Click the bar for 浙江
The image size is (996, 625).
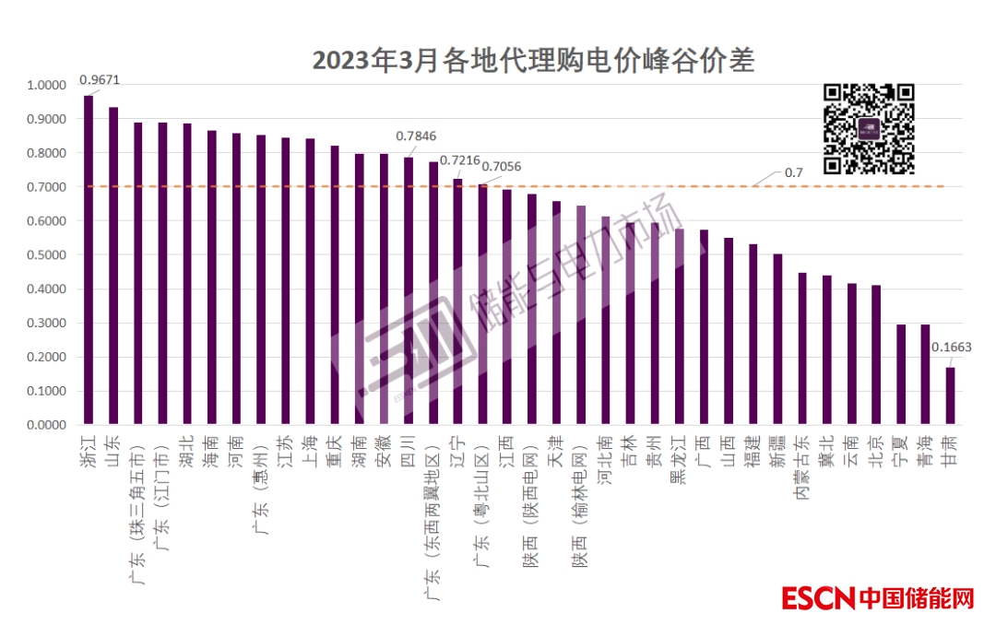click(89, 260)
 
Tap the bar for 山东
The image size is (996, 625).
click(113, 265)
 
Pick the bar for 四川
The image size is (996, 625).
click(409, 290)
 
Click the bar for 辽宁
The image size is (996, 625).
click(457, 302)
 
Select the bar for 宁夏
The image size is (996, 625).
click(901, 374)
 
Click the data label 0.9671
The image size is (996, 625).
click(99, 80)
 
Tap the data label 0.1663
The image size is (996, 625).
click(951, 348)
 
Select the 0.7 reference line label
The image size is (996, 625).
click(794, 172)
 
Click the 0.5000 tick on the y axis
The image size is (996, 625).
click(47, 255)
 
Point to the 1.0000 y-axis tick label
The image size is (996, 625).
click(47, 85)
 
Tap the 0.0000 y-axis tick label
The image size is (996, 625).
click(47, 425)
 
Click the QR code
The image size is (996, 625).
click(868, 129)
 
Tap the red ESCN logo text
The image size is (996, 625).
click(820, 598)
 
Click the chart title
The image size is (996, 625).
click(533, 61)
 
